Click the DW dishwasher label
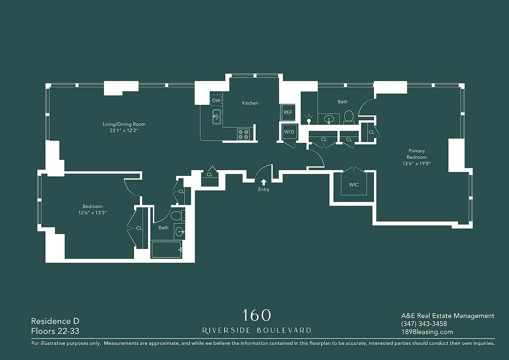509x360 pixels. pos(216,100)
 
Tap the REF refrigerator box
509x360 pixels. pos(288,112)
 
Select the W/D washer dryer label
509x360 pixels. pos(288,132)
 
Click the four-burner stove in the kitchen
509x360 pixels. pos(243,134)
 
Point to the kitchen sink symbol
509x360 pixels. pos(216,117)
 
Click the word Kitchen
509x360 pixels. pos(250,103)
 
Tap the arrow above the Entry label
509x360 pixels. pos(264,181)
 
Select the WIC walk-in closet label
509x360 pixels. pos(354,184)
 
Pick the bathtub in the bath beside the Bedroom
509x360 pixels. pos(166,250)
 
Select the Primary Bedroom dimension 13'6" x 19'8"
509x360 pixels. pos(416,163)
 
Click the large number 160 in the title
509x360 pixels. pos(257,315)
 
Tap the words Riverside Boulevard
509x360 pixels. pos(257,330)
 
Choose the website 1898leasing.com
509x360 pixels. pos(427,332)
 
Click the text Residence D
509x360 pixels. pos(51,321)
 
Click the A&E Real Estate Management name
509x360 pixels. pos(447,316)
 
